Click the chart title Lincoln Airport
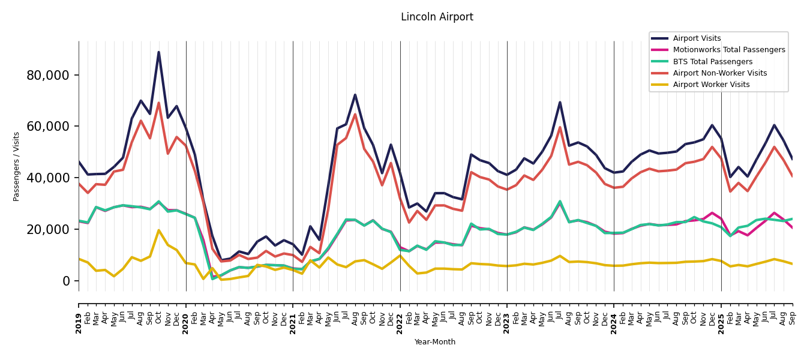tap(437, 17)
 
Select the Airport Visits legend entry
tap(697, 38)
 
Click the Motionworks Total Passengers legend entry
tap(728, 50)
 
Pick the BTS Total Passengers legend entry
tap(712, 62)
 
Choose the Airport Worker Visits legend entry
tap(711, 85)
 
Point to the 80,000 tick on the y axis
tap(48, 76)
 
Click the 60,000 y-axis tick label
tap(48, 127)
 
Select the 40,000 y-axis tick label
tap(48, 178)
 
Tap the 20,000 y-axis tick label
tap(48, 230)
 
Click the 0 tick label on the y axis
tap(66, 281)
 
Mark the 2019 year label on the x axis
tap(79, 316)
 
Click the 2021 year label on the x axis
tap(293, 316)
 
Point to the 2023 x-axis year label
tap(507, 316)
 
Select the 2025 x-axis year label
tap(721, 316)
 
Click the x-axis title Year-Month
tap(435, 342)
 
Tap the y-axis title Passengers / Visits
tap(17, 166)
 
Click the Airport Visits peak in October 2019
tap(159, 52)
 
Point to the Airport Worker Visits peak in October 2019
tap(159, 230)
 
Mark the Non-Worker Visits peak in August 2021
tap(355, 115)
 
